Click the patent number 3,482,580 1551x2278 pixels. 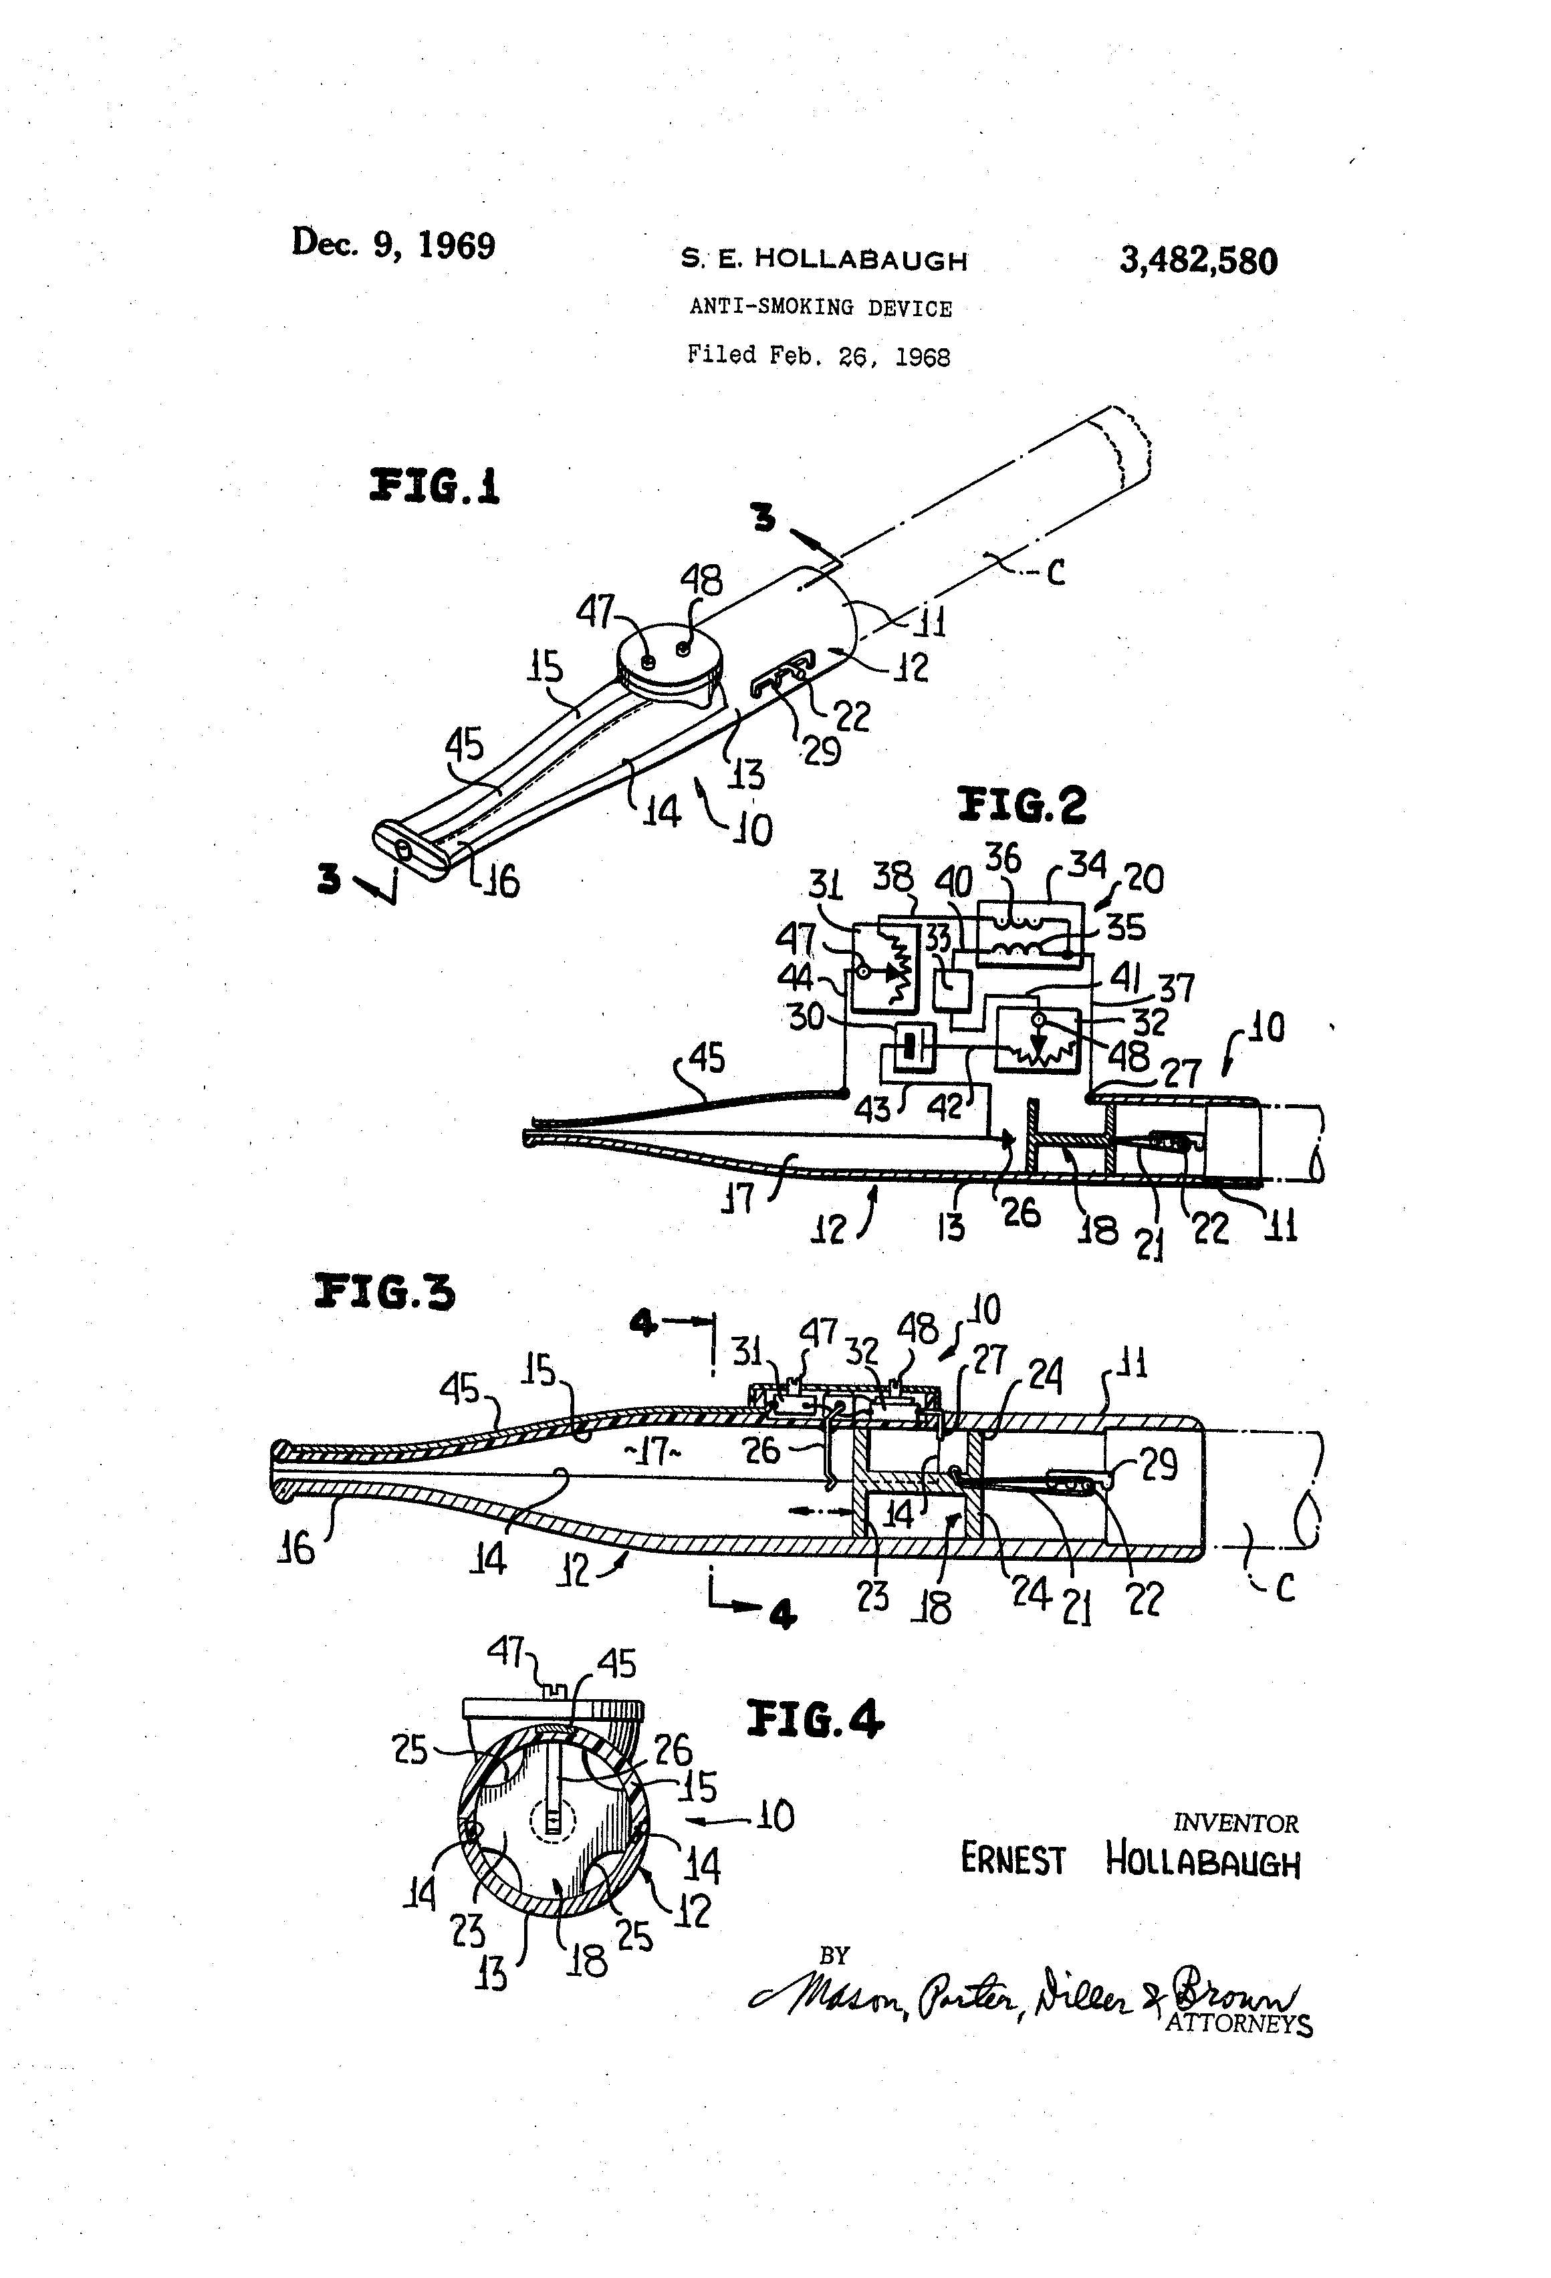point(1198,261)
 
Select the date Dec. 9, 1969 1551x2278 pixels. point(393,243)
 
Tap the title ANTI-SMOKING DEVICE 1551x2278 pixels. point(820,307)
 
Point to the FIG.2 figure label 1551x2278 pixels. point(1022,805)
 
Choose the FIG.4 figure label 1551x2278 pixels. point(815,1719)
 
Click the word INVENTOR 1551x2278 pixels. point(1235,1823)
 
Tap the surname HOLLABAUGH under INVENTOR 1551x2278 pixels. point(1202,1860)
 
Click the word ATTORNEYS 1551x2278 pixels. point(1238,2023)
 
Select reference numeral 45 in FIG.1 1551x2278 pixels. point(465,745)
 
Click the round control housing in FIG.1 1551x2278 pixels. point(672,666)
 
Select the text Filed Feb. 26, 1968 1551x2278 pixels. point(819,355)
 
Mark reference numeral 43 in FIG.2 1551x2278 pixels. point(872,1109)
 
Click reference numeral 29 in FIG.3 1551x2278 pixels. point(1158,1465)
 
